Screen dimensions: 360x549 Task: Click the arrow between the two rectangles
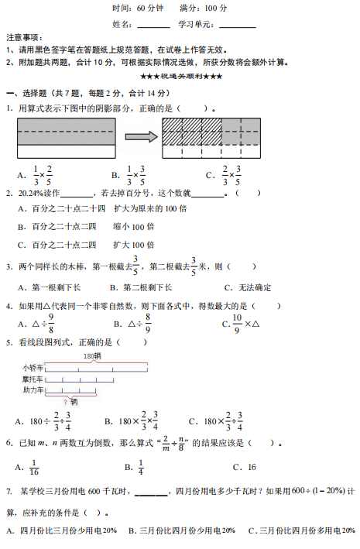tap(140, 137)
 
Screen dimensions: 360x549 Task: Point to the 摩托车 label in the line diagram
tap(33, 379)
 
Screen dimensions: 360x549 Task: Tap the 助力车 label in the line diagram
tap(33, 390)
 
